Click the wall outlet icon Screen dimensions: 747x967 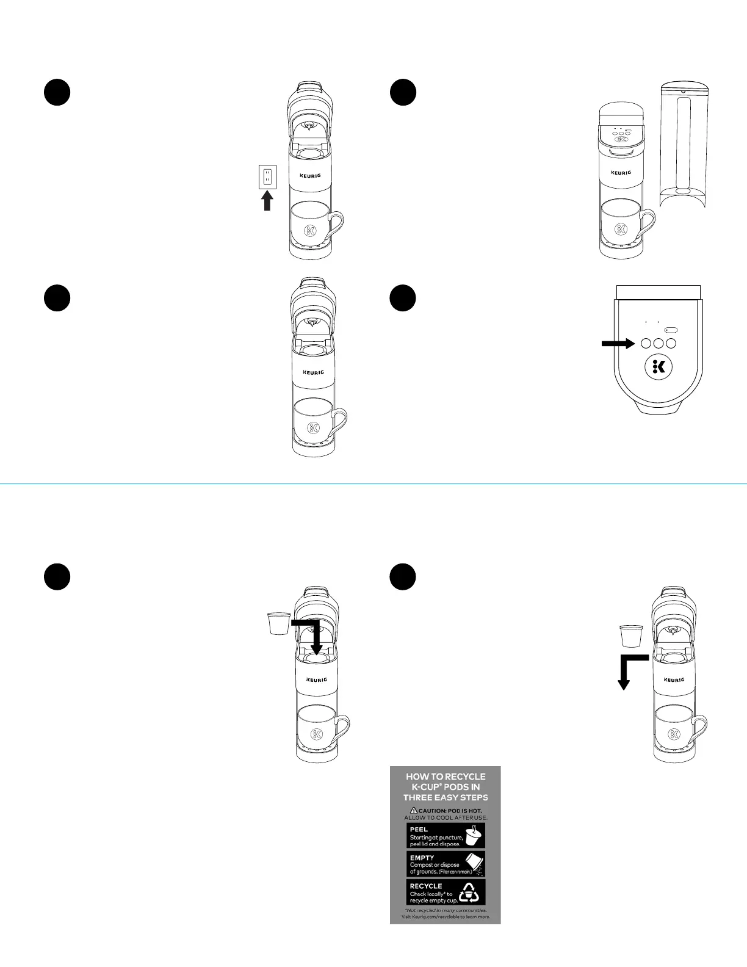(x=267, y=177)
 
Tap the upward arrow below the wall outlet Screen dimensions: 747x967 (x=267, y=201)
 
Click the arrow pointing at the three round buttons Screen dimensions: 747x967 (x=618, y=344)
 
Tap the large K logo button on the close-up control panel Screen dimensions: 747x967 (x=659, y=367)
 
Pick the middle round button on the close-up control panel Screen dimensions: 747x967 (x=659, y=344)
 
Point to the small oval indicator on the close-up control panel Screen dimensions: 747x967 (x=671, y=330)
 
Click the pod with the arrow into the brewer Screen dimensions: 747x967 (x=279, y=623)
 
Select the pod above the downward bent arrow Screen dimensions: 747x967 (x=631, y=636)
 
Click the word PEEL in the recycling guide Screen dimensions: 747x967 (x=419, y=830)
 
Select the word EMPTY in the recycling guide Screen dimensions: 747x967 (x=422, y=858)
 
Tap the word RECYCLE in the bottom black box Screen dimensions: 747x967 (x=426, y=886)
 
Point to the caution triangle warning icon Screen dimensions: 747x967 (x=414, y=810)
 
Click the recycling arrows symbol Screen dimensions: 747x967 (x=469, y=893)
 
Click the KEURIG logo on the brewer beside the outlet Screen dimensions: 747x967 (x=310, y=176)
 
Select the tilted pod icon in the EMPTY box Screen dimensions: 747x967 (x=474, y=863)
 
